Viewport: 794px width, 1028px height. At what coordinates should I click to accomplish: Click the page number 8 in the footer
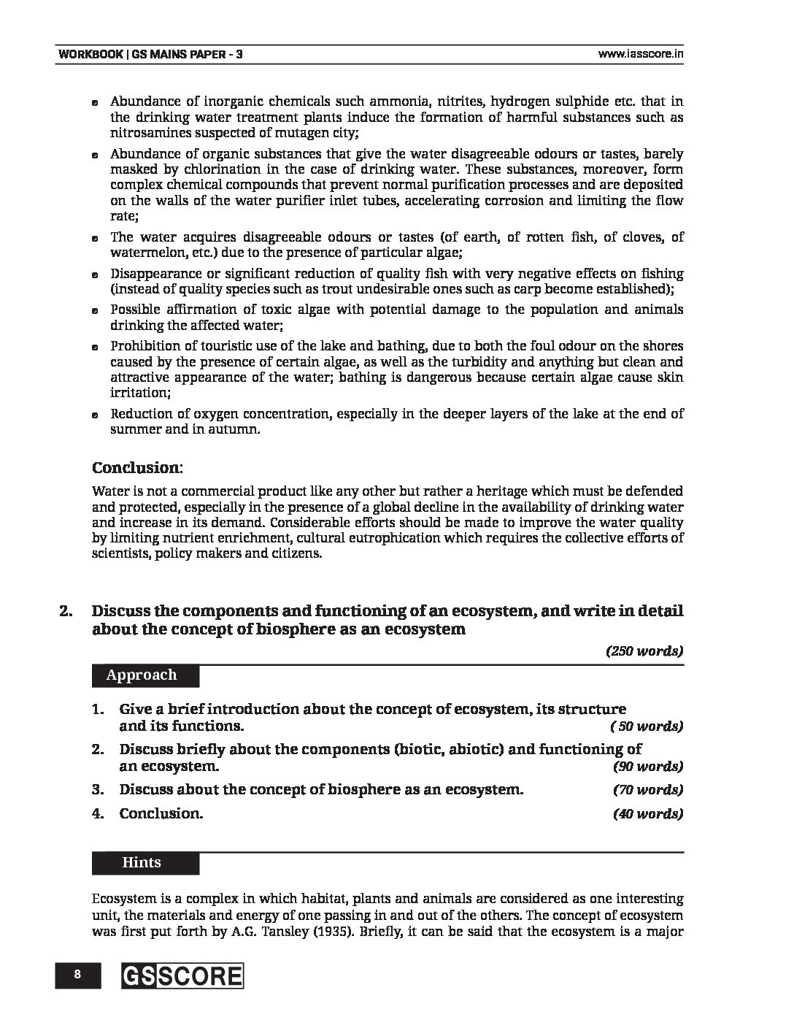(76, 975)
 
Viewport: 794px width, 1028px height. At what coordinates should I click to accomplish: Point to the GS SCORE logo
(182, 976)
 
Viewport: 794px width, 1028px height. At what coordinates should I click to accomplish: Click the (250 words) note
(644, 651)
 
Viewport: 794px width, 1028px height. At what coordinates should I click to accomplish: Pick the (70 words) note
(648, 790)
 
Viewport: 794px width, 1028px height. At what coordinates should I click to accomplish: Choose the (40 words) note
(648, 814)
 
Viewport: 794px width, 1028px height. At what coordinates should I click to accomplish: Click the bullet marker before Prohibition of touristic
(96, 348)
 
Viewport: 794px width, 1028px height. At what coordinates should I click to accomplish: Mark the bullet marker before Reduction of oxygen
(96, 415)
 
